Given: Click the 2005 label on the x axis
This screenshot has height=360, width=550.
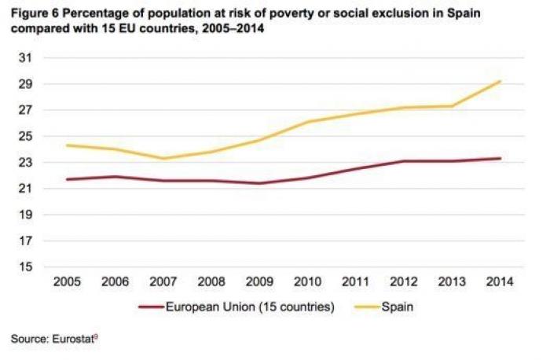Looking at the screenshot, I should click(66, 281).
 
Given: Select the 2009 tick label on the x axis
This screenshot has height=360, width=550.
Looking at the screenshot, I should click(259, 281).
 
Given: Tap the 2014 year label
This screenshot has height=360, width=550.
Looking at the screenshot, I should click(500, 281).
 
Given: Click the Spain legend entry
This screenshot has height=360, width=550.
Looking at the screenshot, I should click(397, 308).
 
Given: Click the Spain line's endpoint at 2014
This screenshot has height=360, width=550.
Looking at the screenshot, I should click(500, 81).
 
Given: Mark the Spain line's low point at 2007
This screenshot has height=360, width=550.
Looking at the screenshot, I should click(163, 159).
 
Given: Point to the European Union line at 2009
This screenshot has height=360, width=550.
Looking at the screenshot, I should click(259, 184).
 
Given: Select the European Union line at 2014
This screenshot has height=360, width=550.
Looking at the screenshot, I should click(500, 158).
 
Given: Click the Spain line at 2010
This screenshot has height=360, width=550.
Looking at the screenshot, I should click(307, 122).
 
